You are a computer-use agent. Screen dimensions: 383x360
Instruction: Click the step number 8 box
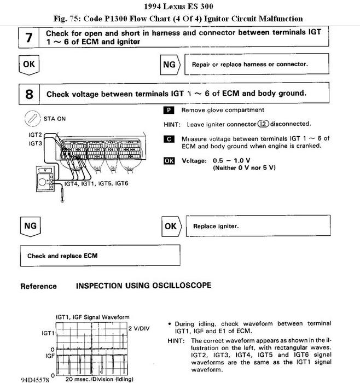[29, 94]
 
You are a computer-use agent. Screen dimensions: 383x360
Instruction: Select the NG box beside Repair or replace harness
[170, 65]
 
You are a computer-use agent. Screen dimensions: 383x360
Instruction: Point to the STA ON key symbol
[31, 118]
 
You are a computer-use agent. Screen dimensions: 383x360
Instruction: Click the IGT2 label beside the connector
[35, 134]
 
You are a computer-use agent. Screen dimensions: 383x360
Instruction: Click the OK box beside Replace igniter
[170, 225]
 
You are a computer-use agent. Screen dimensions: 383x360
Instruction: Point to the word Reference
[38, 286]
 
